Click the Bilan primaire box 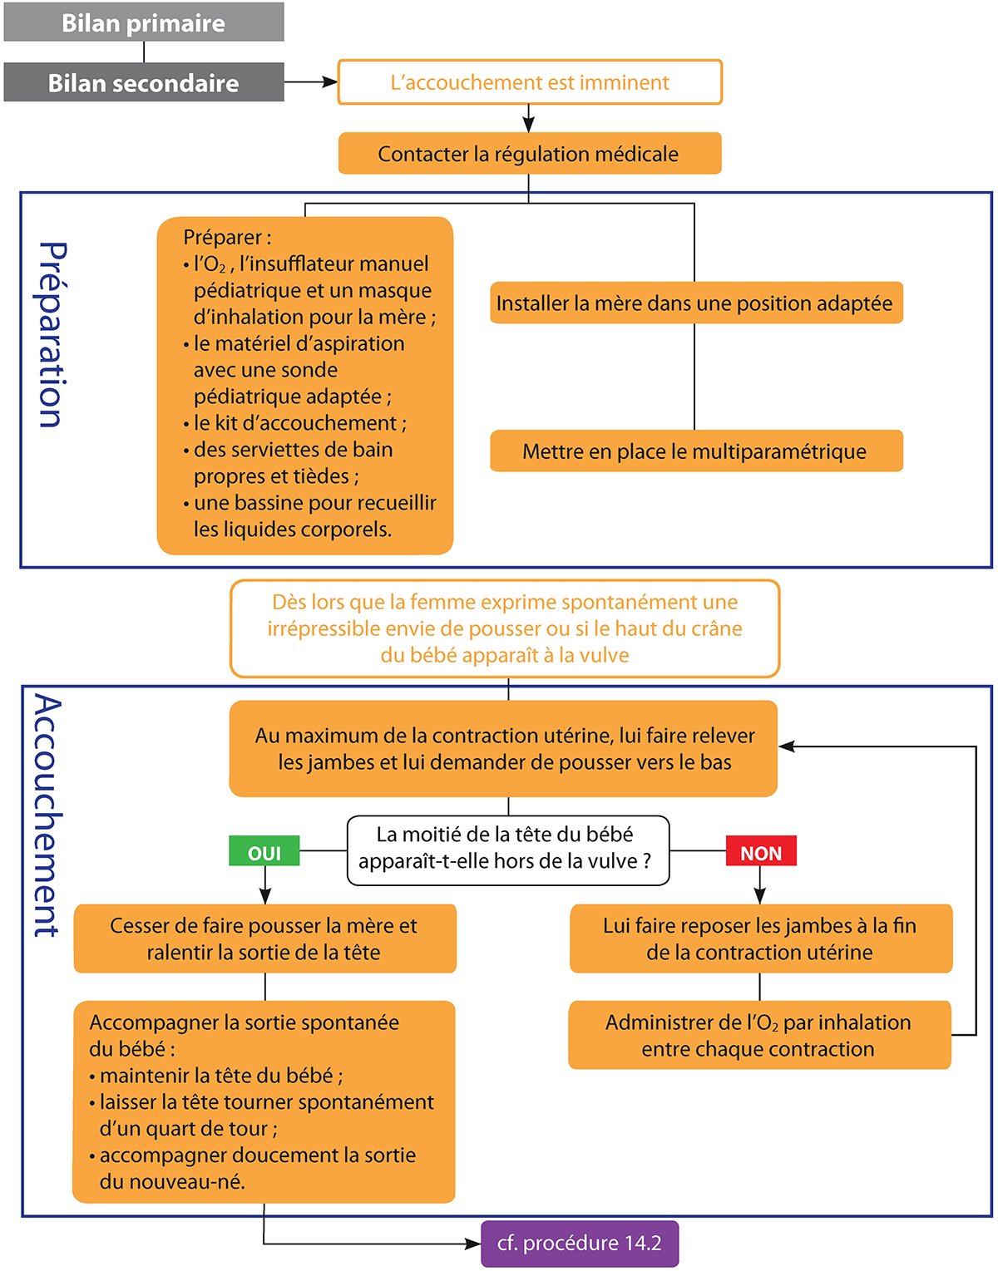tap(144, 22)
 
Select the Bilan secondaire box tap(144, 83)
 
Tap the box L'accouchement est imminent tap(530, 82)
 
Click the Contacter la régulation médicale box tap(529, 154)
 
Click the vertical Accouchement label tap(47, 815)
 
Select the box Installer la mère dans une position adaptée tap(695, 303)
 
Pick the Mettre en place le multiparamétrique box tap(695, 451)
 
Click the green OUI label tap(264, 853)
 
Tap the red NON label tap(761, 853)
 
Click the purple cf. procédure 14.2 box tap(580, 1244)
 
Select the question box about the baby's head tap(507, 850)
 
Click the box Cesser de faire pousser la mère tap(264, 938)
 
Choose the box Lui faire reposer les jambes tap(760, 938)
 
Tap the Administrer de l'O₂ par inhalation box tap(758, 1035)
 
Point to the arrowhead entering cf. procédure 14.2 tap(475, 1244)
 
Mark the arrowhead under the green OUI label tap(264, 896)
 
